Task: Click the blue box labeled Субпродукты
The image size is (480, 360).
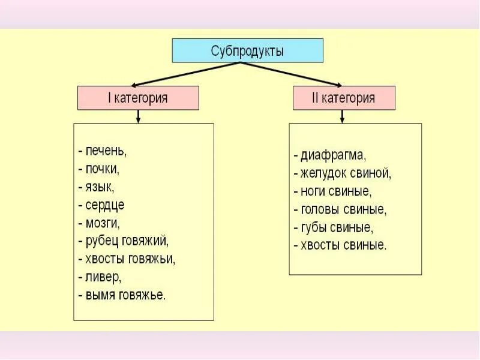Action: point(247,50)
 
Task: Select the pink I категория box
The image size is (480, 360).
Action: point(138,98)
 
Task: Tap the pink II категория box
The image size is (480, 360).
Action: point(344,98)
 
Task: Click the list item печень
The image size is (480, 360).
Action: point(103,151)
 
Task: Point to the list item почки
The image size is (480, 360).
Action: point(99,169)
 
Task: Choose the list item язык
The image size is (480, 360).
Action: point(97,187)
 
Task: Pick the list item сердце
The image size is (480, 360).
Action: point(101,205)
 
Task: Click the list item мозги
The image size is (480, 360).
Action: point(99,223)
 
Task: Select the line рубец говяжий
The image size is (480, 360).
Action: point(124,241)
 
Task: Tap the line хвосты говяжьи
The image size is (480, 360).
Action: point(127,259)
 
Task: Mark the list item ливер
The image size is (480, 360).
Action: point(100,277)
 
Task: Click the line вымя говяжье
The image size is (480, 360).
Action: point(122,295)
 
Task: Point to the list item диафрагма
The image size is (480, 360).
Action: point(329,155)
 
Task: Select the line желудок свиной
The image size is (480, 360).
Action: point(343,173)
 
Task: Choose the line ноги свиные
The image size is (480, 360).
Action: point(333,191)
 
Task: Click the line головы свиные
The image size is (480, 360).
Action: point(340,209)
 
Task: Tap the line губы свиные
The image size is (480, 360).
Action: point(334,227)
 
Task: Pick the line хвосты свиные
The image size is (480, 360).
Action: point(340,245)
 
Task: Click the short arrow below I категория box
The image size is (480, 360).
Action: point(139,116)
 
